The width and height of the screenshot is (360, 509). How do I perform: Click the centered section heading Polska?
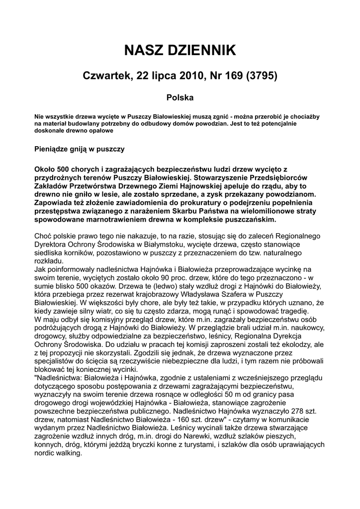click(x=180, y=98)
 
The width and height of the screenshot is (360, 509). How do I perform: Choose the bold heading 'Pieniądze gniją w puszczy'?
click(x=79, y=148)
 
